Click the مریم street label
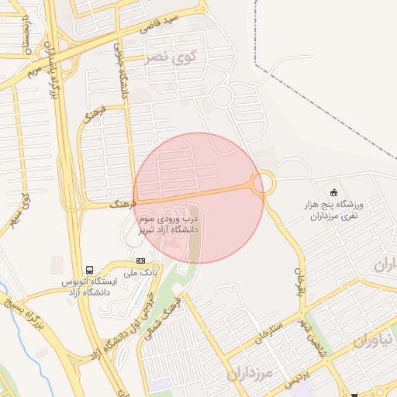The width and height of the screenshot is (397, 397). coord(33,71)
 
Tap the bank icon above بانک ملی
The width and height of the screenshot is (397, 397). coord(140,261)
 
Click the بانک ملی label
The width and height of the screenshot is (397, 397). coord(142,274)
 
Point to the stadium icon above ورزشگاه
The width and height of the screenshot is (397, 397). coord(334,193)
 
